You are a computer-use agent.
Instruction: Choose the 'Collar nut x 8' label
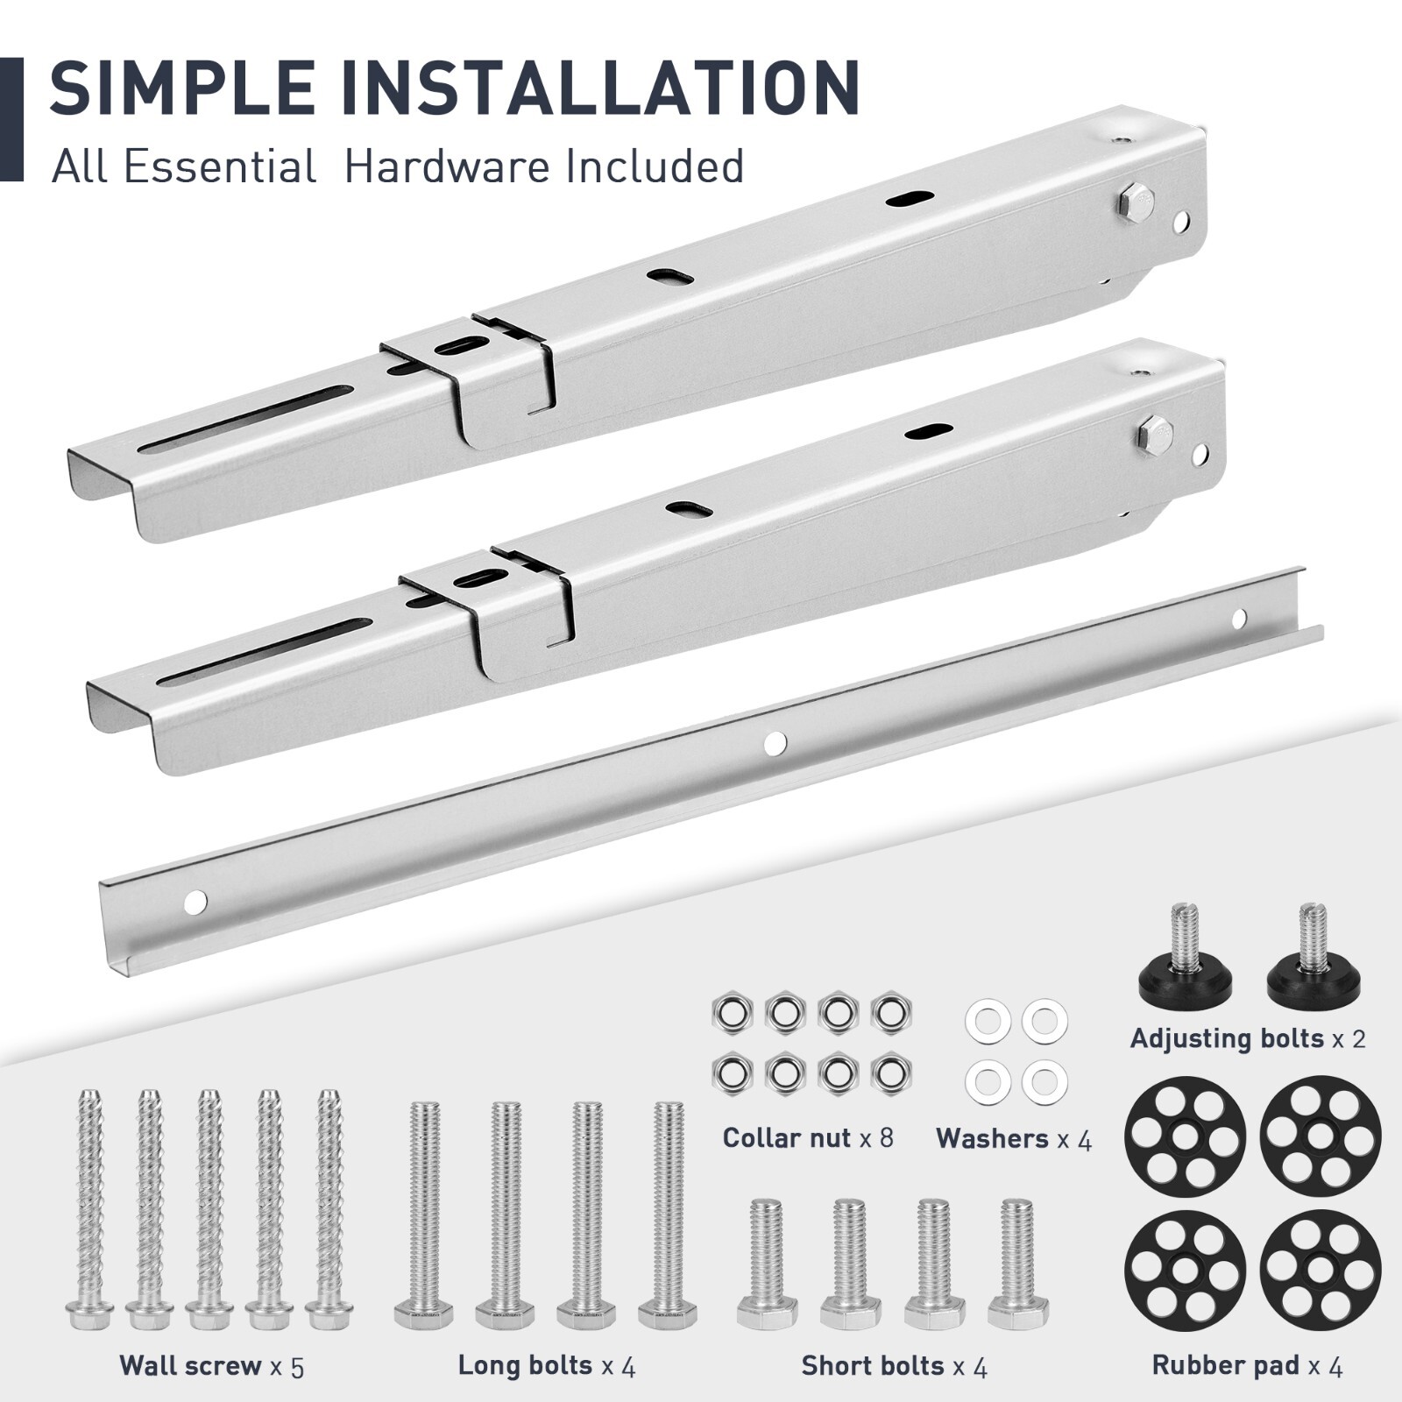(x=807, y=1137)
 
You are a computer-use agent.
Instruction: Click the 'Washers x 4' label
(x=1014, y=1138)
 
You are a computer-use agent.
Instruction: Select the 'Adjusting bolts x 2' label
(x=1247, y=1038)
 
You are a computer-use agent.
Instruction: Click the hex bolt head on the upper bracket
(x=1136, y=202)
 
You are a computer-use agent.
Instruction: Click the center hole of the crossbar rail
(x=775, y=744)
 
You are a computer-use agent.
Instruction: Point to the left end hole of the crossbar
(x=195, y=900)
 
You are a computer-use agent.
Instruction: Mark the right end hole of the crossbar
(x=1238, y=620)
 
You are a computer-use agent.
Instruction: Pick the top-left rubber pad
(x=1185, y=1136)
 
